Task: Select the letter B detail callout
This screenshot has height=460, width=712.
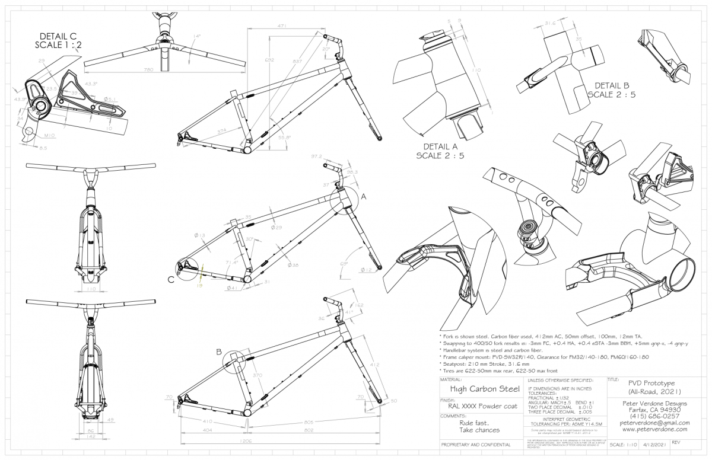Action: [x=219, y=352]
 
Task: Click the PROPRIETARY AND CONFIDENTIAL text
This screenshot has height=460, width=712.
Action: [x=475, y=445]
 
